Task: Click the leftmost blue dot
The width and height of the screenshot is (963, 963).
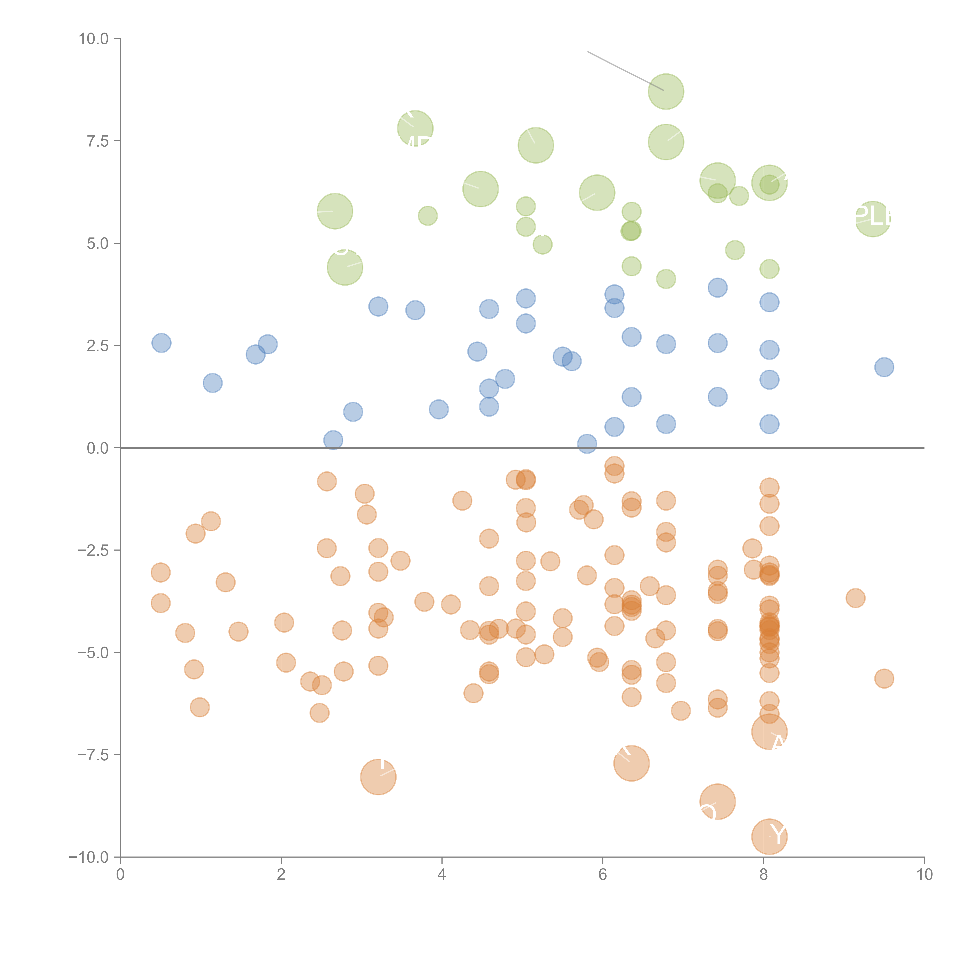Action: click(161, 343)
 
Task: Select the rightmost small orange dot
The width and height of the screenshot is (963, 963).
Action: click(884, 678)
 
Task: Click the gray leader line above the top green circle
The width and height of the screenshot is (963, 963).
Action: click(626, 71)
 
